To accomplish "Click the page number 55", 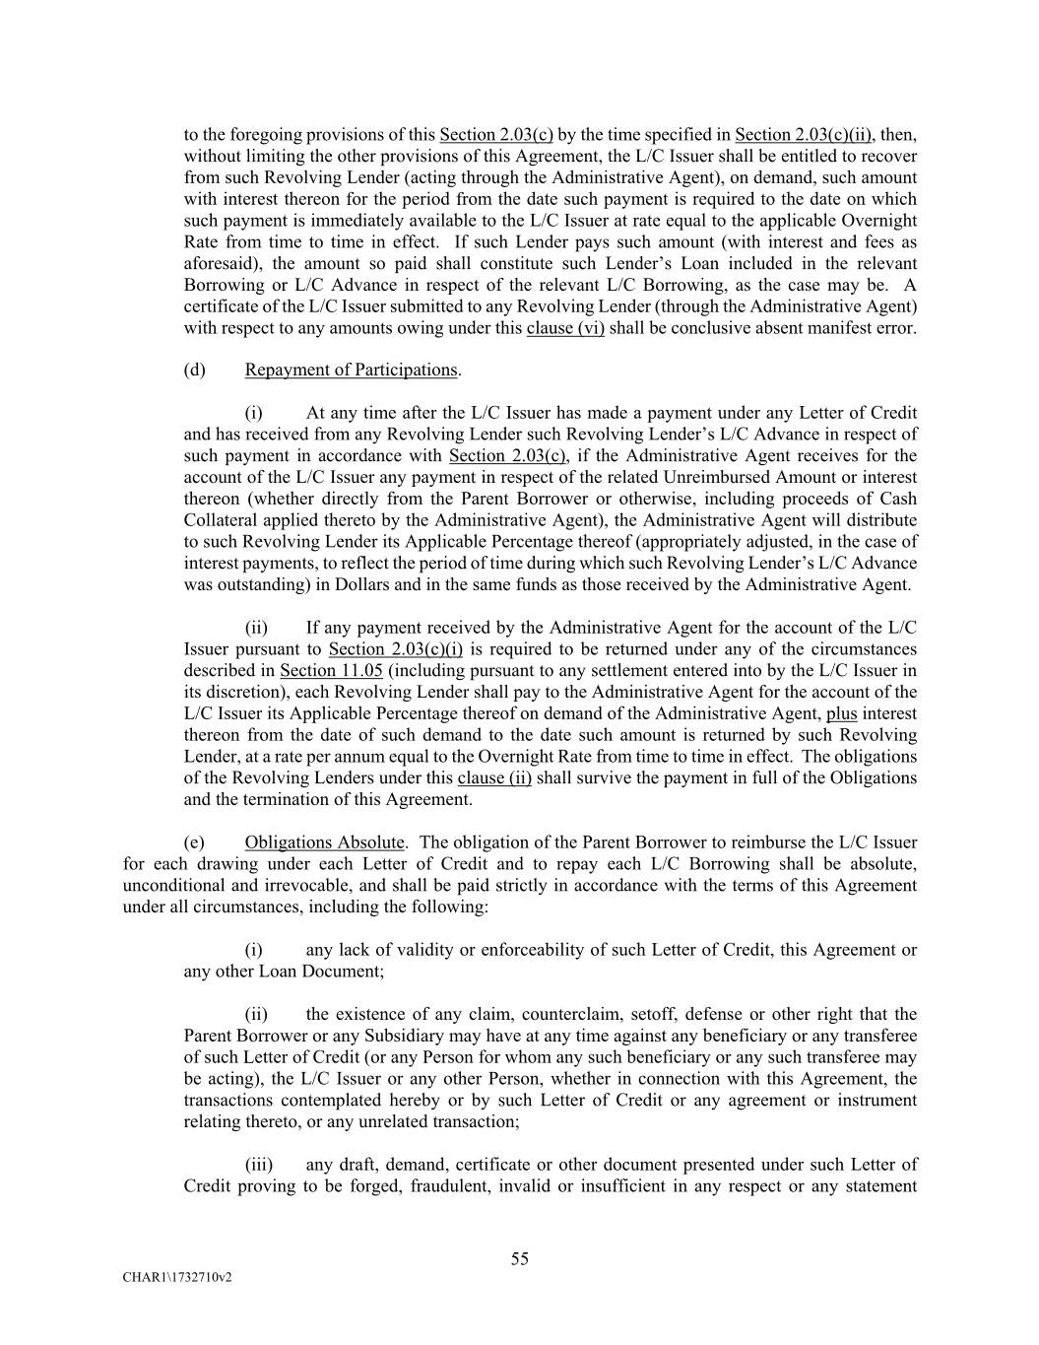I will pyautogui.click(x=520, y=1258).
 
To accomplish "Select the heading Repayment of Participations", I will pyautogui.click(x=351, y=370).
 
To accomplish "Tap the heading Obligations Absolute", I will pyautogui.click(x=324, y=842).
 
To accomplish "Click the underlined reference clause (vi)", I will pyautogui.click(x=565, y=328).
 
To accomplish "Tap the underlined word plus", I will pyautogui.click(x=841, y=713).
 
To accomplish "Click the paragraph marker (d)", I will pyautogui.click(x=195, y=370).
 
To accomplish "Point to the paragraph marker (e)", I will pyautogui.click(x=195, y=842).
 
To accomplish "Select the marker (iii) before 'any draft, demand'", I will pyautogui.click(x=258, y=1165).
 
